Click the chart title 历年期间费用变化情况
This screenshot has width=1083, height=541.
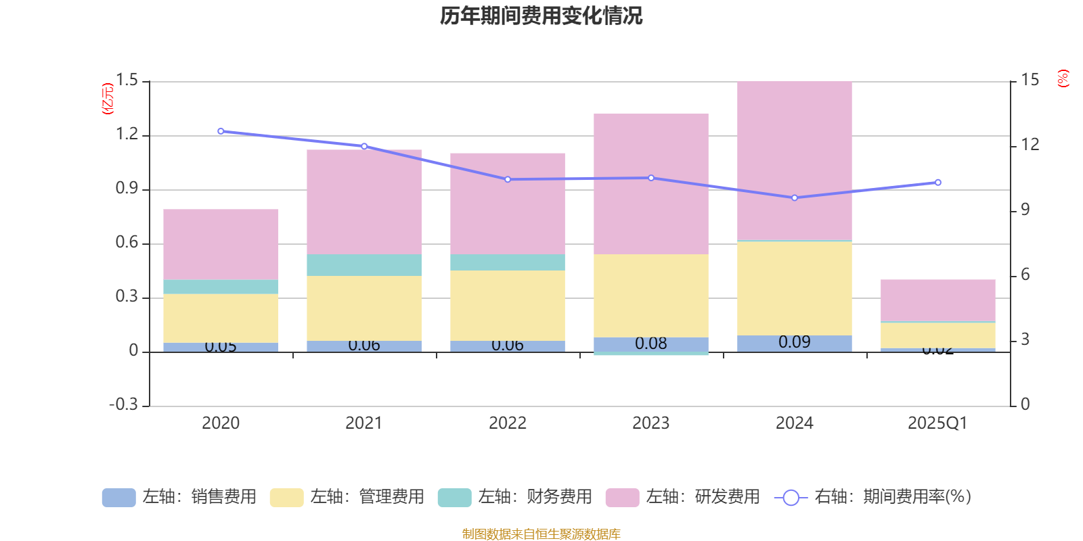click(541, 16)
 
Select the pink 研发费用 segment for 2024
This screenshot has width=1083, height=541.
click(794, 161)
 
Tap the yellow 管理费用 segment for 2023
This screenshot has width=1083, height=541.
click(650, 296)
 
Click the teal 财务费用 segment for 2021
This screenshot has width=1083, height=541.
click(363, 265)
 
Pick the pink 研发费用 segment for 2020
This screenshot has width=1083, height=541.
click(221, 244)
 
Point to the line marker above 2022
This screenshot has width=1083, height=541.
click(508, 179)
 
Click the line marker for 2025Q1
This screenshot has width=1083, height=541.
click(937, 183)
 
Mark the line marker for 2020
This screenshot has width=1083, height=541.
click(221, 131)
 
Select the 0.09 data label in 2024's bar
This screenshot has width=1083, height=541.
click(794, 342)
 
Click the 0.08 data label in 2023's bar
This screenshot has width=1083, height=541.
click(650, 344)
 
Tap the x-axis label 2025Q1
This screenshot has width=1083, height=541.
click(937, 423)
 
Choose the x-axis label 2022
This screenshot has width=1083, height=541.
click(507, 423)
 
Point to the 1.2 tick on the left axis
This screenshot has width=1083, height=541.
click(127, 135)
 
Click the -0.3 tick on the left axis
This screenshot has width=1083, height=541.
click(123, 404)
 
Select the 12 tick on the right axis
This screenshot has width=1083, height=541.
click(1030, 145)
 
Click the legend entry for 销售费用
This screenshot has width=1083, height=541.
click(179, 497)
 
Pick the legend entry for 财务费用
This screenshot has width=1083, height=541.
click(515, 497)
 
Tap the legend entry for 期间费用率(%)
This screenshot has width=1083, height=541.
click(873, 497)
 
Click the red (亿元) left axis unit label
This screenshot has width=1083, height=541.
click(107, 99)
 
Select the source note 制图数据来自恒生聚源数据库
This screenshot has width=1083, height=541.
click(541, 534)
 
